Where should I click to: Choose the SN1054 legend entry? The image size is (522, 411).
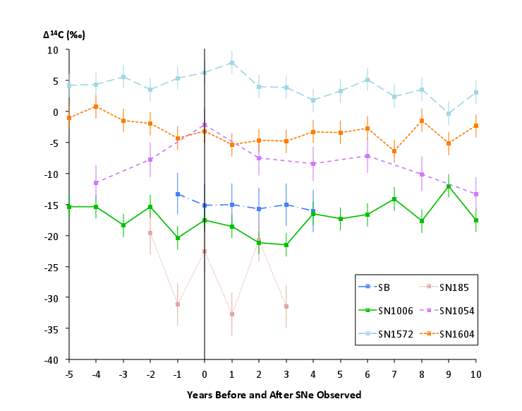[452, 311]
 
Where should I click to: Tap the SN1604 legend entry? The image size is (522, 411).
[452, 334]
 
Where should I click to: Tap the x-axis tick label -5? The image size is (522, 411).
[69, 373]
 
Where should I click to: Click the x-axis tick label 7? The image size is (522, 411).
[394, 373]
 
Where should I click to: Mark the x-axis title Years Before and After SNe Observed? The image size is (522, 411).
[274, 395]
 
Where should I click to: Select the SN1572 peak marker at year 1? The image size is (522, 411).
[231, 63]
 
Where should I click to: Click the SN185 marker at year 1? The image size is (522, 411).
[231, 314]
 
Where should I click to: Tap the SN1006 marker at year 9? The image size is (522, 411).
[448, 186]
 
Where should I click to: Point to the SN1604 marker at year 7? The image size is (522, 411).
[394, 151]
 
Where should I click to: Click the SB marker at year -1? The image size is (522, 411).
[178, 194]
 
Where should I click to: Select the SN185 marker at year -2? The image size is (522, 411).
[150, 233]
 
